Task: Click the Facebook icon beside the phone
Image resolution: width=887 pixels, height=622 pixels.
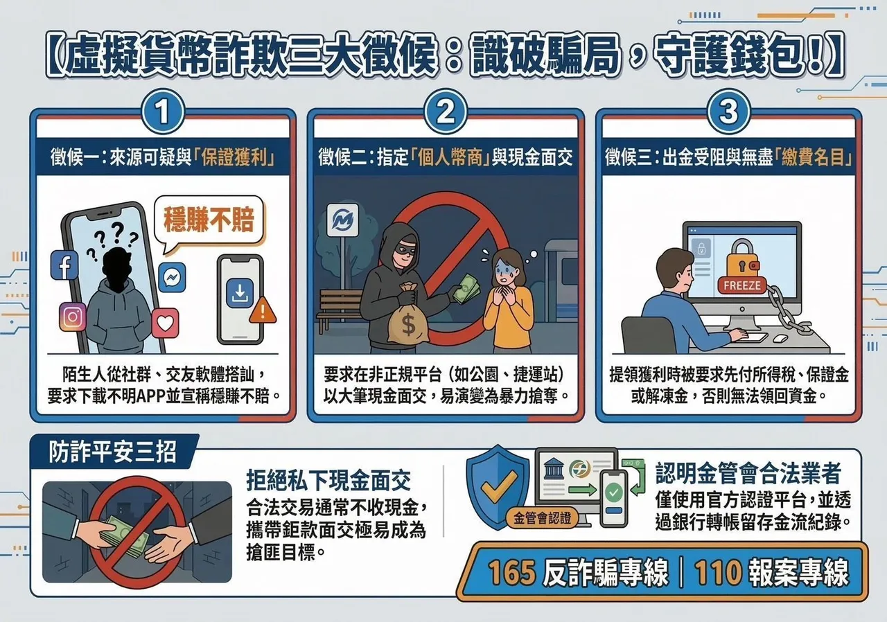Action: coord(64,265)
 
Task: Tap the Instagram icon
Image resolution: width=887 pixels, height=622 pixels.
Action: coord(73,317)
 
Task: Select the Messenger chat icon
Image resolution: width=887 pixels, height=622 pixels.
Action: coord(172,277)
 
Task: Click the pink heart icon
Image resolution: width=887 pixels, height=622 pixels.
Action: coord(165,323)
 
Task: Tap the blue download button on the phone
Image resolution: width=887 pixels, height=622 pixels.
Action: coord(240,292)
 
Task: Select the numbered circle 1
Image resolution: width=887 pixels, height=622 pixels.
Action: coord(163,112)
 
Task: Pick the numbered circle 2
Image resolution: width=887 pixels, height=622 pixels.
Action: coord(446,112)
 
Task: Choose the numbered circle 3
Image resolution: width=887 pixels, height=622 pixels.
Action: coord(728,112)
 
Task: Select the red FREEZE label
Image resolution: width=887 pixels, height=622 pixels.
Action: coord(741,285)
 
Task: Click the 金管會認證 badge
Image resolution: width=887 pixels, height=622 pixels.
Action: coord(542,518)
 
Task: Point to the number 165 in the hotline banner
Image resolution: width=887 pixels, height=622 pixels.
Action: coord(511,572)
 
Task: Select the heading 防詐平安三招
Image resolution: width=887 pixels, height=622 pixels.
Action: coord(112,452)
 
